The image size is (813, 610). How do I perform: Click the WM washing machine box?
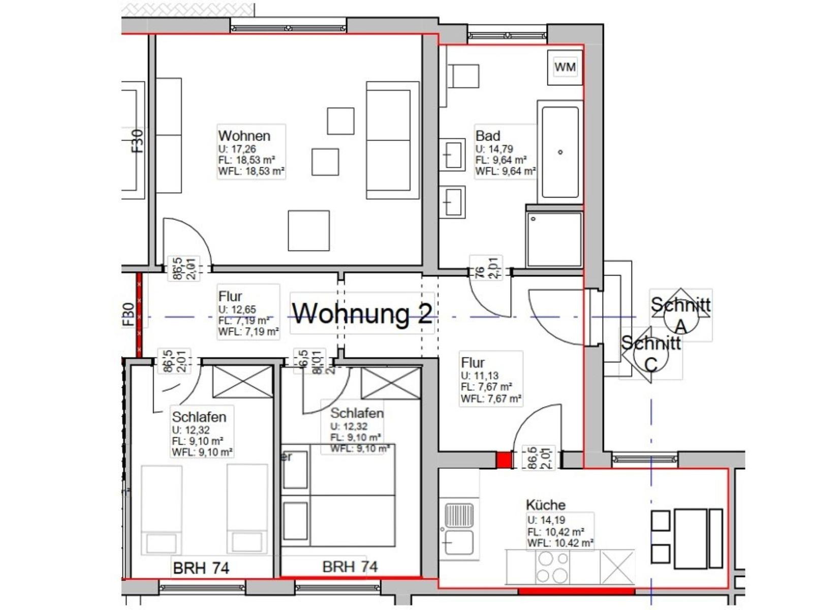[x=565, y=67]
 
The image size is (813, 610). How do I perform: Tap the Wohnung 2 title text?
[x=362, y=313]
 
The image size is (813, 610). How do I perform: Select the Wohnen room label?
[x=244, y=136]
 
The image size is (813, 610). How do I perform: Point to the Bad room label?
[x=488, y=136]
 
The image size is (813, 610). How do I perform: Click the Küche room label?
[x=545, y=505]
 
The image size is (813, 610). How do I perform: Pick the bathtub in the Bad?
[x=560, y=151]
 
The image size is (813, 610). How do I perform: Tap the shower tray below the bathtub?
[x=554, y=239]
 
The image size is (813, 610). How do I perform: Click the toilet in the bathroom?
[x=462, y=76]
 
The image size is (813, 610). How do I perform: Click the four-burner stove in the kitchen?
[x=553, y=567]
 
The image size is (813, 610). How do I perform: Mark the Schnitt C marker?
[x=651, y=354]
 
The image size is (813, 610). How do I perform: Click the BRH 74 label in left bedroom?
[x=201, y=567]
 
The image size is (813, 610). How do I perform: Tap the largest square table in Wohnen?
[x=308, y=231]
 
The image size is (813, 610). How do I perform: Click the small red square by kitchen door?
[x=504, y=460]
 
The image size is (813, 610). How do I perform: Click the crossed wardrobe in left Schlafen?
[x=242, y=381]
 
